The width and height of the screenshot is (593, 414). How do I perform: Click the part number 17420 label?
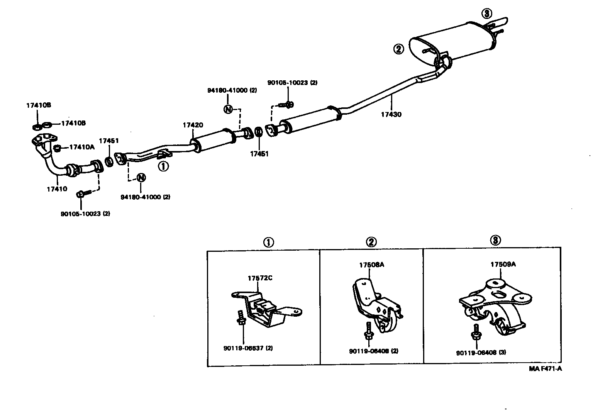point(193,125)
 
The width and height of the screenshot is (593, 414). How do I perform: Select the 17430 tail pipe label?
point(391,114)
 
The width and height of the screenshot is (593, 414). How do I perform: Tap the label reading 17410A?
point(81,147)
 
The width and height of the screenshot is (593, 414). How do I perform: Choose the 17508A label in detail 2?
point(371,265)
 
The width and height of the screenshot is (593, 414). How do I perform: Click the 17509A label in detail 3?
point(503,265)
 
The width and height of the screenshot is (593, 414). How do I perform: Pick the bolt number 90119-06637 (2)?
point(248,348)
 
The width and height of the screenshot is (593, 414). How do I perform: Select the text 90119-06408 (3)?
point(481,353)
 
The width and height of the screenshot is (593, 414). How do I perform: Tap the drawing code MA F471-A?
point(545,369)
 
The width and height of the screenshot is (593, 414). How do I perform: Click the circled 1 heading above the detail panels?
point(268,242)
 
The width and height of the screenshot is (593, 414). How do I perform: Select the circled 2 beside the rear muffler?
point(398,49)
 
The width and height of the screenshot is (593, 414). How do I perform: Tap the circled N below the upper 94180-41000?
point(228,109)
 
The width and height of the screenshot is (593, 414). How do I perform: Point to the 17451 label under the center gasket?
point(259,154)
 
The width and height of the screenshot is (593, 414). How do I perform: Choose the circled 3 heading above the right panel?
point(495,240)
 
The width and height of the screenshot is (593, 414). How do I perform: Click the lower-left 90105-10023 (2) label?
point(85,214)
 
